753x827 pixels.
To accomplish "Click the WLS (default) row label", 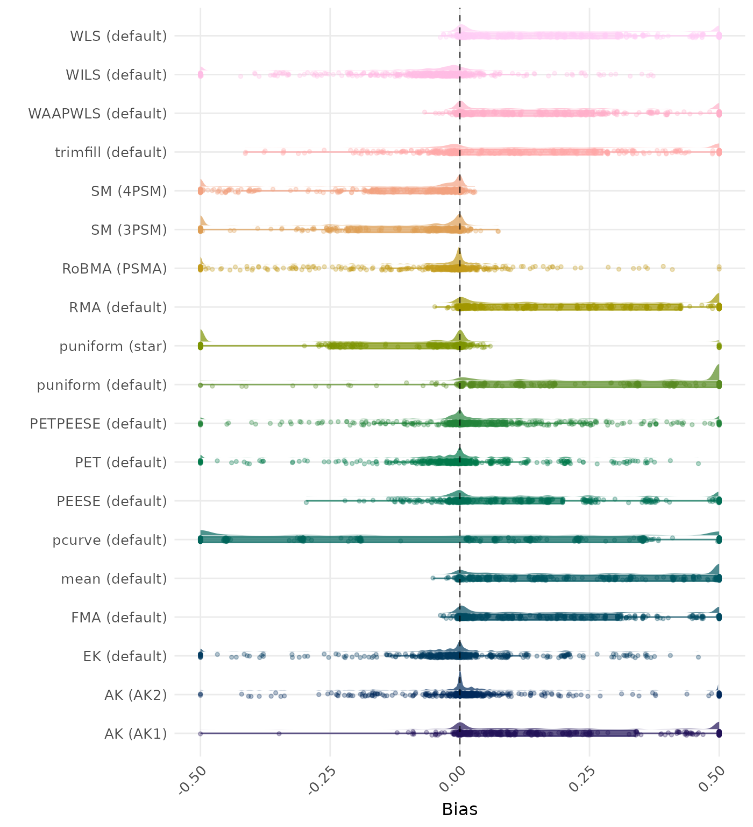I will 118,36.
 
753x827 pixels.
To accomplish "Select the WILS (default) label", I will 116,75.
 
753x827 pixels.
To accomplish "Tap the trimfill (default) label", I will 111,152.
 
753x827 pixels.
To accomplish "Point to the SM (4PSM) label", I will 129,191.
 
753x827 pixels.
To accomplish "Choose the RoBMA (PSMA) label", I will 115,269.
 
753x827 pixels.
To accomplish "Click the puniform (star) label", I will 113,346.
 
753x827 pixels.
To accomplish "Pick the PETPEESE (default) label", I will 98,424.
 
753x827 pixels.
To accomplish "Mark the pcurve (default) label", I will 110,540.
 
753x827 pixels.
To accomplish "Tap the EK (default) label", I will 125,656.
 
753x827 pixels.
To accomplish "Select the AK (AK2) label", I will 136,695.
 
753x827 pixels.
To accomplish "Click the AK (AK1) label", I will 136,734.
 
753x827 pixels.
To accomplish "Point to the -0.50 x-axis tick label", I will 193,780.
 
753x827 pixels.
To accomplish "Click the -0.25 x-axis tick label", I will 322,780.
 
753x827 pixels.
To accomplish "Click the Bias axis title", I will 459,809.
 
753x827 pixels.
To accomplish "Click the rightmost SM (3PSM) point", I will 498,231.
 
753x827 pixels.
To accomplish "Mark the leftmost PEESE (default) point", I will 306,502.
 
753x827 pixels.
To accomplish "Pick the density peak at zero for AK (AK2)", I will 460,673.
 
